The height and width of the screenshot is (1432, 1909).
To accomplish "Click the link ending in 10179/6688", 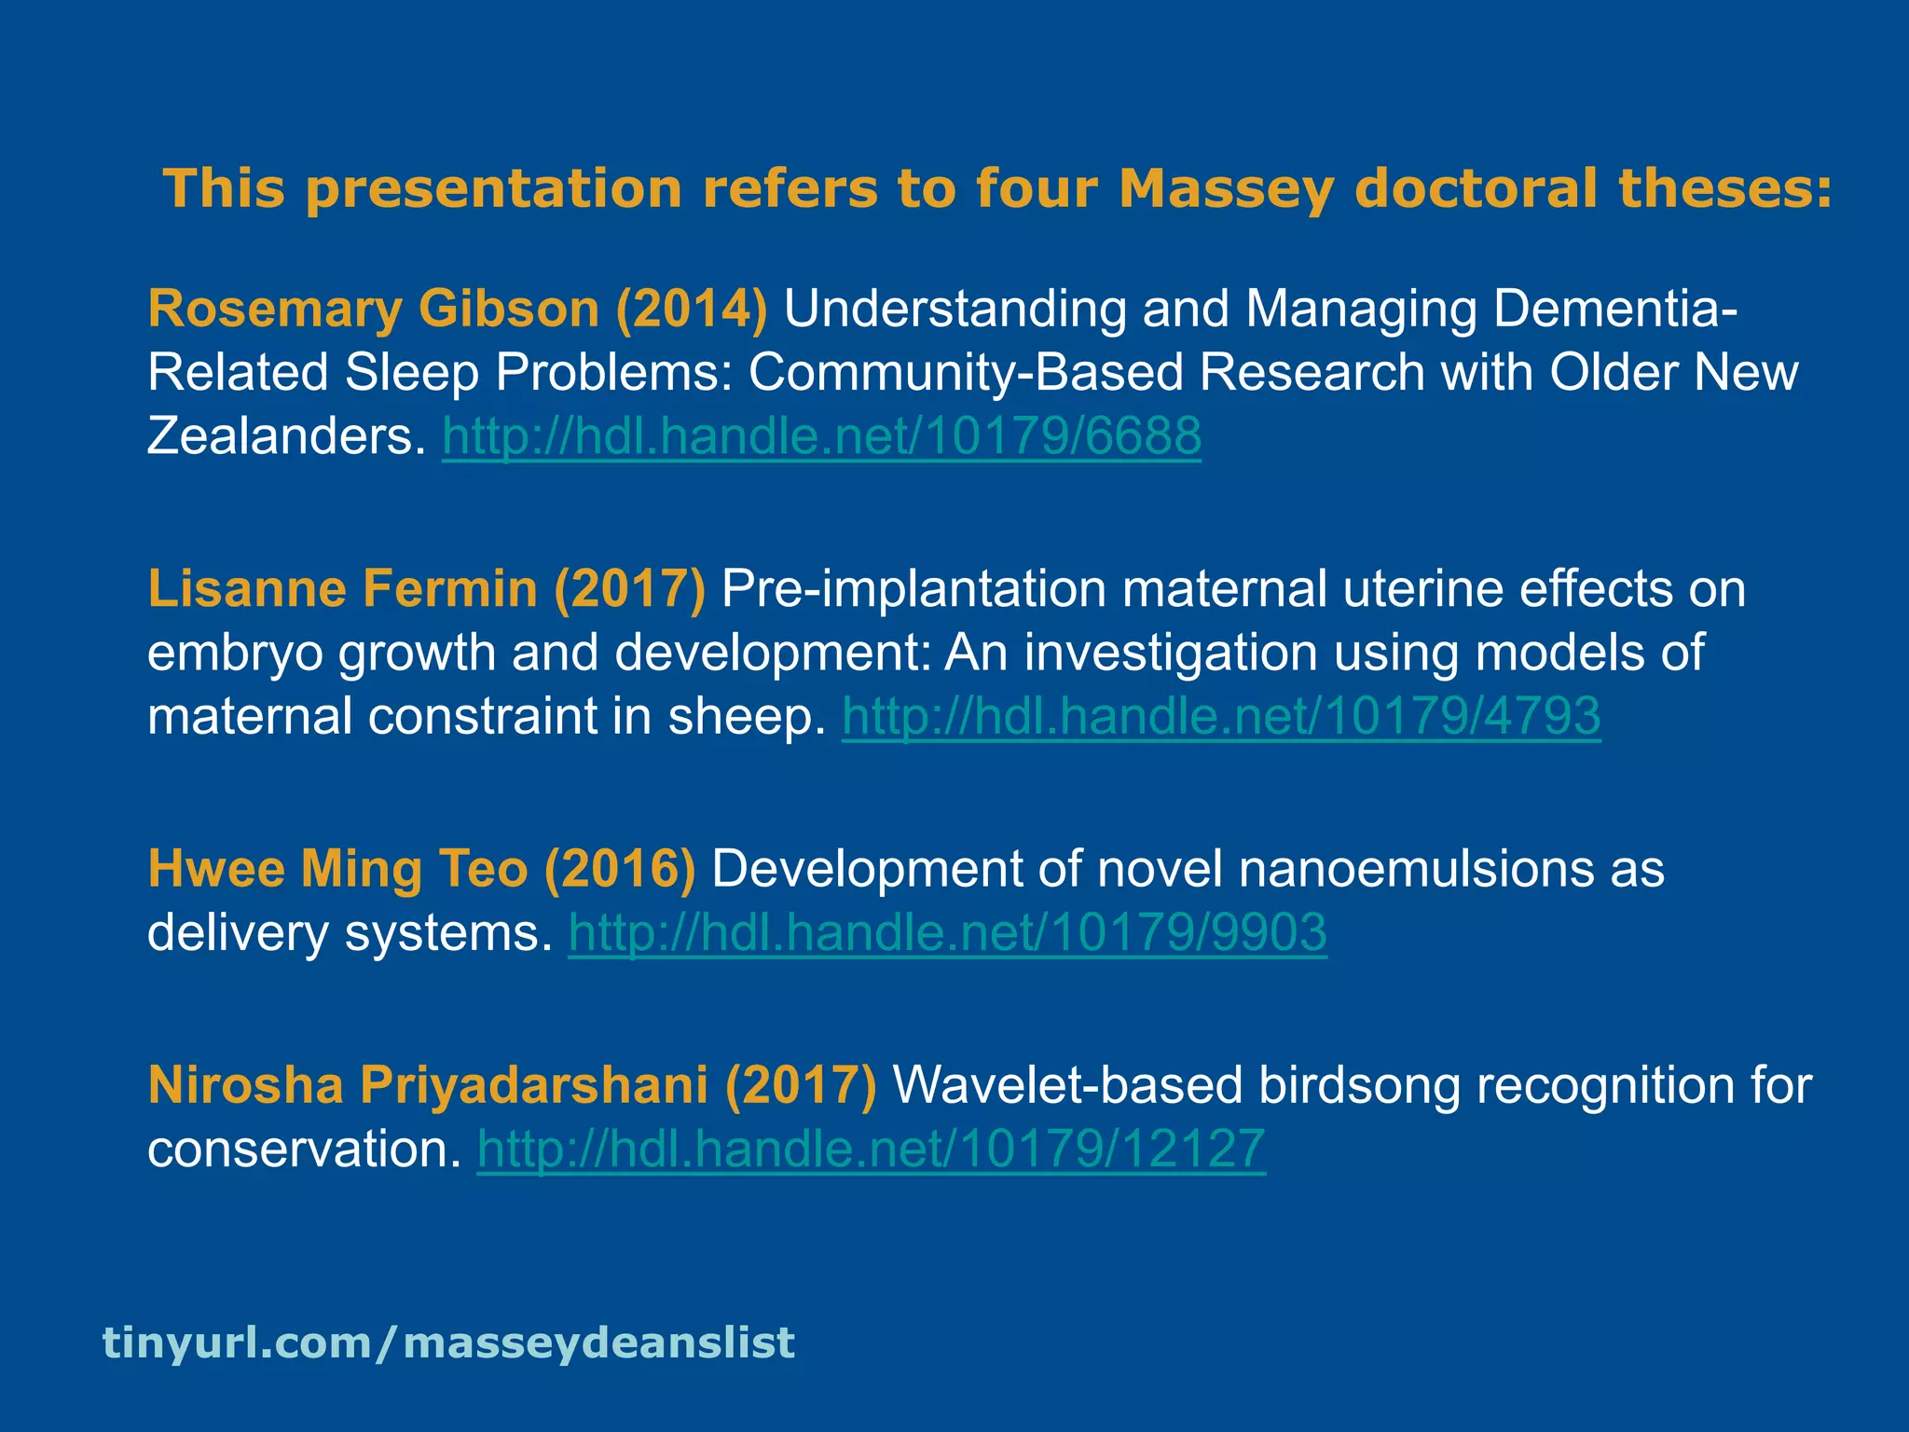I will (x=821, y=435).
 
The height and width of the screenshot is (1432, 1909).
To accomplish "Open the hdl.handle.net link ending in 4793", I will (x=1221, y=716).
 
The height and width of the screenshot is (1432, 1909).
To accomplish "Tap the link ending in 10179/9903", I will (x=947, y=931).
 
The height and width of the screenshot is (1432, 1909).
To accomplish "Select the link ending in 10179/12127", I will (x=871, y=1148).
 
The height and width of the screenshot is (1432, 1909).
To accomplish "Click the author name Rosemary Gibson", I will (x=373, y=309).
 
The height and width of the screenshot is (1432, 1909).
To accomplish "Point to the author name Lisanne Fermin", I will (x=342, y=589).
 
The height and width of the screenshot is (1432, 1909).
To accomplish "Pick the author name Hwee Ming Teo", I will (x=337, y=869).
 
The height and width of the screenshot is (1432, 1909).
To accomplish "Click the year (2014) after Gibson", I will (x=692, y=309).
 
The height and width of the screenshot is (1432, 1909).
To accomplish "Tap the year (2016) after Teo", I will (x=620, y=869).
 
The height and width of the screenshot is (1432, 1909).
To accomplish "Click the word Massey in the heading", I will (x=1227, y=189).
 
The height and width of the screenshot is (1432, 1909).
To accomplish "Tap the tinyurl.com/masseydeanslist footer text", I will (x=448, y=1342).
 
